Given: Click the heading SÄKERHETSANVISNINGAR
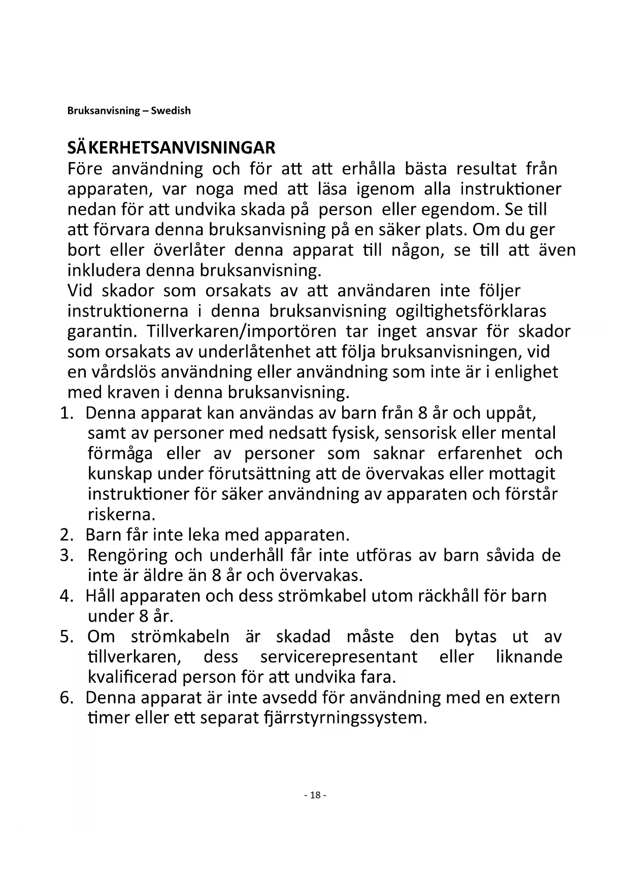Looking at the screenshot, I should tap(171, 148).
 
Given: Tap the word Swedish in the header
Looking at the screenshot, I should tap(171, 111).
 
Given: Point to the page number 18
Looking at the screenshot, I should tap(315, 795).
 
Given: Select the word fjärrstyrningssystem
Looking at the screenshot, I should tap(345, 718).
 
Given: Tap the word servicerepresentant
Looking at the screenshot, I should tap(339, 657).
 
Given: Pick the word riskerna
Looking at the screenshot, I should tap(121, 515).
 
